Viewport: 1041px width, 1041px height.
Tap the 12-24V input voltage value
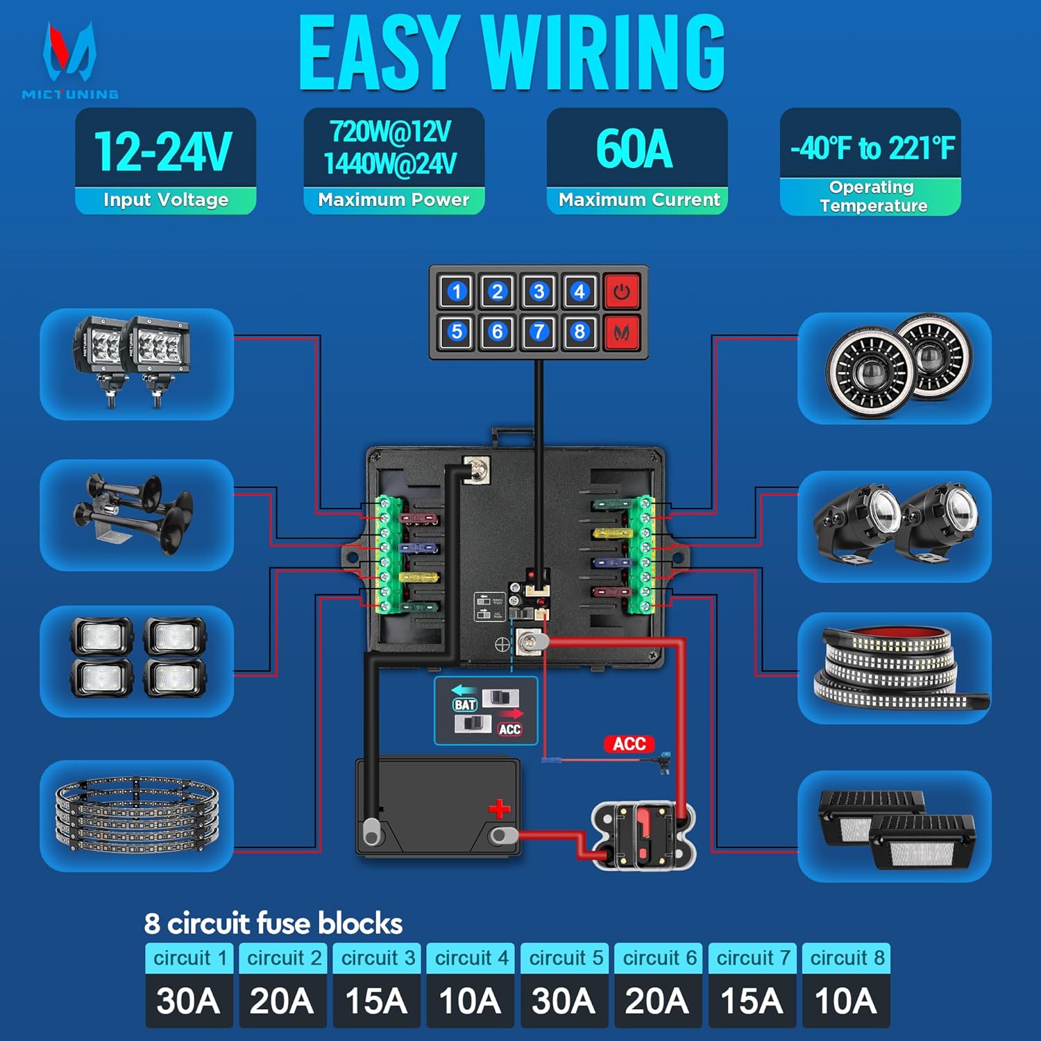164,151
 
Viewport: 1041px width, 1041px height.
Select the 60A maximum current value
635,149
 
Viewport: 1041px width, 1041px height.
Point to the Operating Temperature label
873,196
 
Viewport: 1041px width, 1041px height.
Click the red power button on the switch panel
621,291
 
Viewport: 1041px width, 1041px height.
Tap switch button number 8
579,332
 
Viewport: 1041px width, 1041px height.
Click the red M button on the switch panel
621,332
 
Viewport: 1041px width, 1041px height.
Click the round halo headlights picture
895,367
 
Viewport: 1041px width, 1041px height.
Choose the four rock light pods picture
137,657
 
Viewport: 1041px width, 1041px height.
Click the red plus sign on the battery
499,809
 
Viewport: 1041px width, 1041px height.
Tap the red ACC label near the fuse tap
629,744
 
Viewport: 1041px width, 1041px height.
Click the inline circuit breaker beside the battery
643,835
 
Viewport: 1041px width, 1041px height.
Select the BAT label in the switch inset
465,704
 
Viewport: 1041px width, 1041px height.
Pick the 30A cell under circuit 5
564,1001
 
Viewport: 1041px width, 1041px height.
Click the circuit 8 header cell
846,958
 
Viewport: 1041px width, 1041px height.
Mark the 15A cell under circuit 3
376,1001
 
